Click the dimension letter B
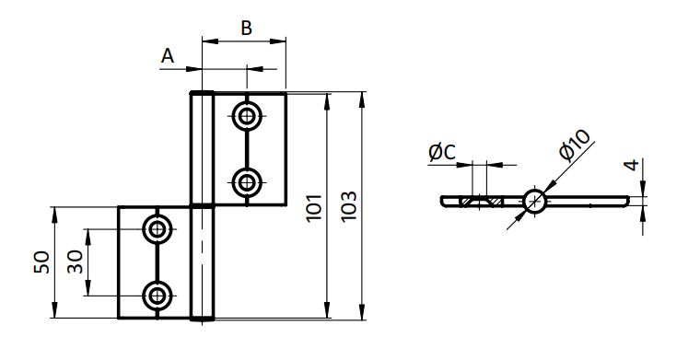247,28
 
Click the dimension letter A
168,56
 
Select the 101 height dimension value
314,207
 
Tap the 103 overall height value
349,205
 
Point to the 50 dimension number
42,262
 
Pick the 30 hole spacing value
75,261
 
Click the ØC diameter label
442,153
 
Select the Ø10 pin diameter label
574,145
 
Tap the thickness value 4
632,165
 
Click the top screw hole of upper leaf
247,116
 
